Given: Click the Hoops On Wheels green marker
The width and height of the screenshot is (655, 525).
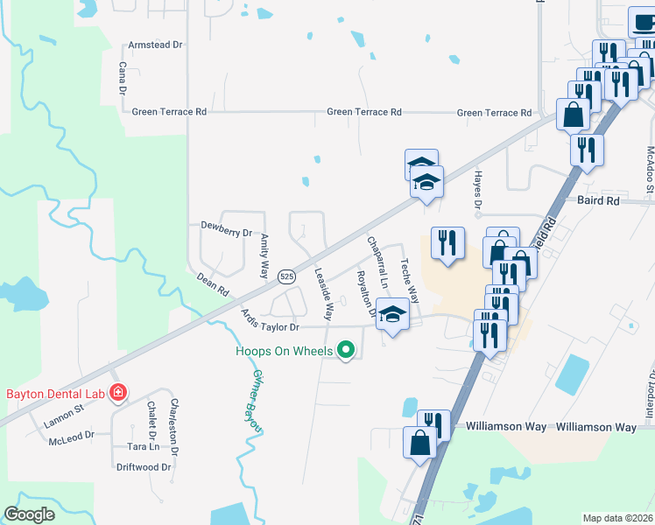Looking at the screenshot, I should point(346,352).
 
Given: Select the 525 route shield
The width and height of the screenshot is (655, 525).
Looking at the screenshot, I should point(286,276).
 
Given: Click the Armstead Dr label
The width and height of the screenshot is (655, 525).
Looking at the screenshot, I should point(155,44).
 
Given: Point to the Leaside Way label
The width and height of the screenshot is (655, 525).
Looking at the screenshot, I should point(324,292).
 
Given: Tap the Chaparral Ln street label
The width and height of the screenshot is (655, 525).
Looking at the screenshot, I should point(377,262).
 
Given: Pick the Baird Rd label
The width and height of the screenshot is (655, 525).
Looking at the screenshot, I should point(598,200).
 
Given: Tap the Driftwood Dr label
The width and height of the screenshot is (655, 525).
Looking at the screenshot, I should point(144,467).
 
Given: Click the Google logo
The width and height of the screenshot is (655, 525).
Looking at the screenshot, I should point(29,514).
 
